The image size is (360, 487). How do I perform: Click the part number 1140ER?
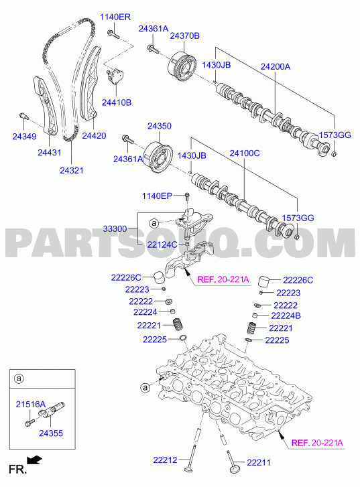115,17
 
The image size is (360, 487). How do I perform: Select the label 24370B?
184,36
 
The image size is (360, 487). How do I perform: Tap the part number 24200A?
275,66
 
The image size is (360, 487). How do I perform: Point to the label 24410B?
117,102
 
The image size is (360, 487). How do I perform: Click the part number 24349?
24,137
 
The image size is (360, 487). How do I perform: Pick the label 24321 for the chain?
72,170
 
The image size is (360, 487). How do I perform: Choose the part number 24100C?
245,153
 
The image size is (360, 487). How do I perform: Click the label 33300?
115,229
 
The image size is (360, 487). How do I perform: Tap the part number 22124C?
162,245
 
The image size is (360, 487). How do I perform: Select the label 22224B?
286,316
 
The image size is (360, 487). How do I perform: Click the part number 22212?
165,460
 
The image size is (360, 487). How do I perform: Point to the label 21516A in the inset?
31,405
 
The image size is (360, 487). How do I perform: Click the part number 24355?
51,433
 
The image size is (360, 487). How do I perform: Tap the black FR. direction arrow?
34,460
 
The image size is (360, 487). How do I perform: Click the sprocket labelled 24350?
159,158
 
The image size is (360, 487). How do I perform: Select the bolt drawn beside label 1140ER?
113,34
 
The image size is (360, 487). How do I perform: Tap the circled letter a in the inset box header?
19,378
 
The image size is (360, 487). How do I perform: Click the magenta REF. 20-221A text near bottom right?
317,443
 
